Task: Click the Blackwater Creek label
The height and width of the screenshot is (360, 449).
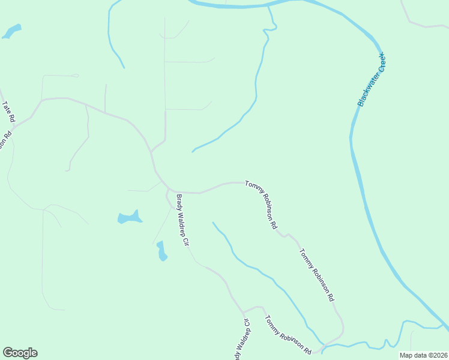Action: pyautogui.click(x=372, y=80)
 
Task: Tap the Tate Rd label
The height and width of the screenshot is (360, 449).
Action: pyautogui.click(x=8, y=112)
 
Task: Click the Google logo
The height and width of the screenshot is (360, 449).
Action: pyautogui.click(x=20, y=353)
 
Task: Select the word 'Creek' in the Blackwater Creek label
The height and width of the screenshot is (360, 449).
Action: pyautogui.click(x=380, y=64)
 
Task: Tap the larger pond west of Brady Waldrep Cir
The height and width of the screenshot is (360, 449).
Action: pyautogui.click(x=129, y=217)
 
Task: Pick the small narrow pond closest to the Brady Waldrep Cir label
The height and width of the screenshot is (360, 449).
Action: pyautogui.click(x=161, y=251)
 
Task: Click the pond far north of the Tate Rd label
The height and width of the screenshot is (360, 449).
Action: pyautogui.click(x=12, y=31)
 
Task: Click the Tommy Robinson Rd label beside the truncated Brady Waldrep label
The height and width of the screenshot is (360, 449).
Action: pyautogui.click(x=288, y=335)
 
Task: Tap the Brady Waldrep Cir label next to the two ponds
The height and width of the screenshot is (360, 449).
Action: pyautogui.click(x=182, y=221)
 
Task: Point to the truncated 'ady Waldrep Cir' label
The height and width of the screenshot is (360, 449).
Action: pyautogui.click(x=241, y=339)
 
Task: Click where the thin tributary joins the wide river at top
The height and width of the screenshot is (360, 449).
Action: pyautogui.click(x=268, y=7)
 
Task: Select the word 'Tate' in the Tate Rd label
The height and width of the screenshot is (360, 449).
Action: pyautogui.click(x=7, y=108)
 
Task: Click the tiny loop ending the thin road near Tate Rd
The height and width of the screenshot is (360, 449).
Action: pyautogui.click(x=75, y=76)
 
